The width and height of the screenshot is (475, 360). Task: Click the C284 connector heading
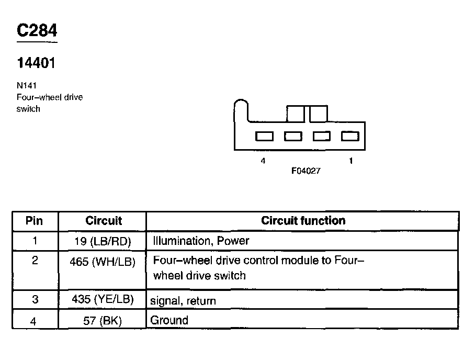coord(37,31)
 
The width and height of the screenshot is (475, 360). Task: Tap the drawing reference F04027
coord(306,171)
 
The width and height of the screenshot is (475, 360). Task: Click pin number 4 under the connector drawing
coord(263,161)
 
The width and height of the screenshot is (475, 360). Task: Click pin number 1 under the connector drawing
coord(350,161)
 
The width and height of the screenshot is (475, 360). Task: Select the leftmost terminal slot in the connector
coord(264,137)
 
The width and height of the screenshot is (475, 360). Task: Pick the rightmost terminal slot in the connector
coord(350,137)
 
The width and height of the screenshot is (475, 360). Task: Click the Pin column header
coord(35,221)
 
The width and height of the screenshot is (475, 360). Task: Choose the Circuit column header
coord(104,221)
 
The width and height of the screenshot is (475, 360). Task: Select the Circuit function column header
coord(303,221)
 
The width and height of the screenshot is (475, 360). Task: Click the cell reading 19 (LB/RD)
coord(103,241)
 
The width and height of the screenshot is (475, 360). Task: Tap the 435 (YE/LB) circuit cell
coord(103,300)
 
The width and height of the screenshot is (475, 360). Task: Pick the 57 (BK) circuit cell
coord(103,321)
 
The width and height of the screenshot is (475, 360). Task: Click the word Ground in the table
coord(169,320)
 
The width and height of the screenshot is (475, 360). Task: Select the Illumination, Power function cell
coord(201,241)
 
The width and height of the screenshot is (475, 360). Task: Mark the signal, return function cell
coord(183,301)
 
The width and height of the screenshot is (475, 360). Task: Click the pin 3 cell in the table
coord(35,300)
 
